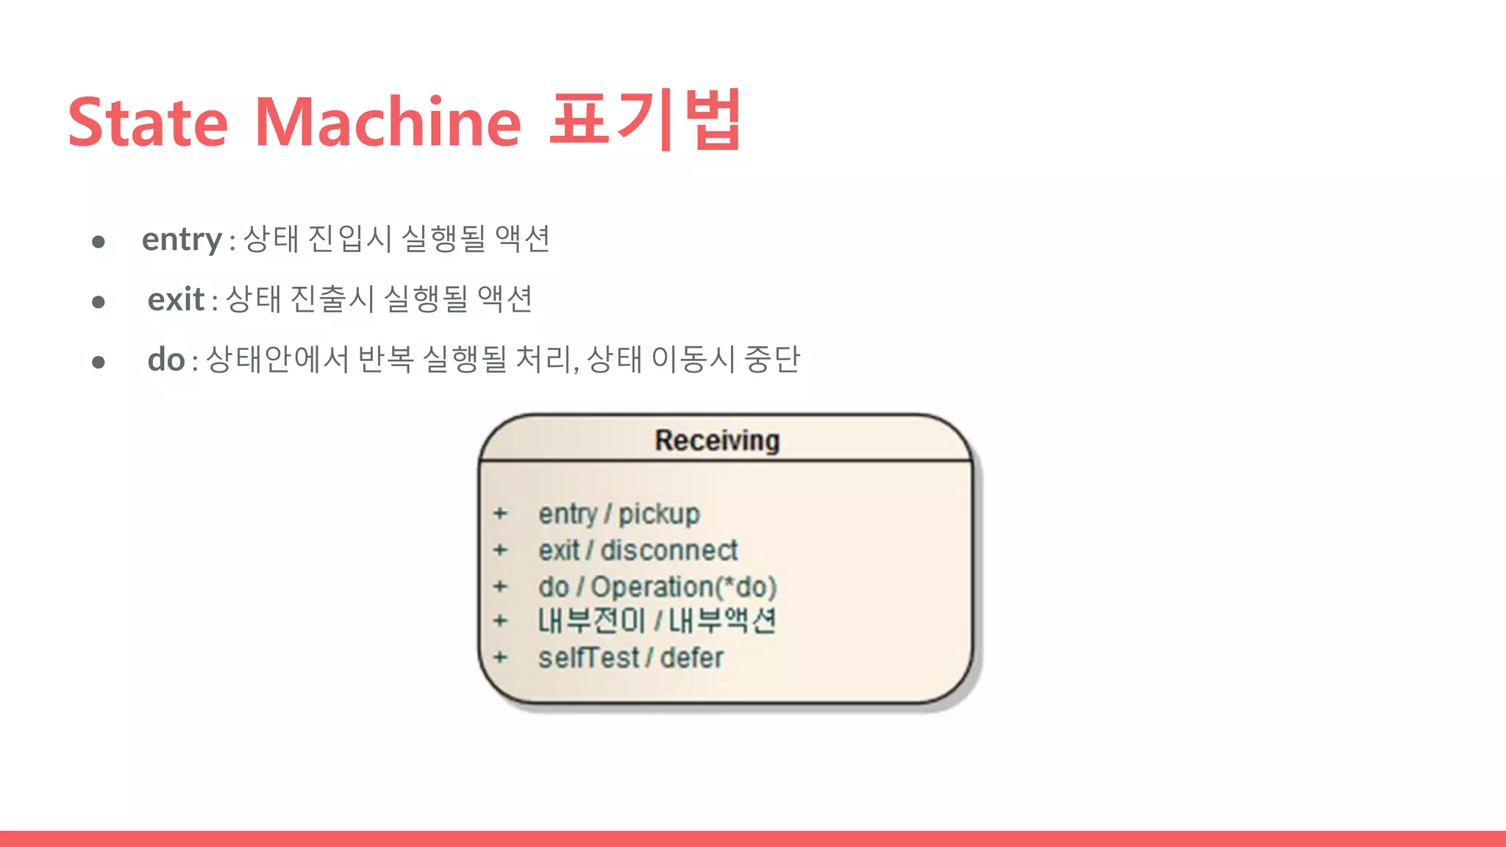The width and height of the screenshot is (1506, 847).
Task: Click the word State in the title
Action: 148,122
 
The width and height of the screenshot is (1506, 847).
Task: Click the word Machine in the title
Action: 388,122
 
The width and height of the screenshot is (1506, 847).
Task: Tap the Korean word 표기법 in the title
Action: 644,119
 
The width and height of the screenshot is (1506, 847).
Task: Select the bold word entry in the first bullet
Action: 182,240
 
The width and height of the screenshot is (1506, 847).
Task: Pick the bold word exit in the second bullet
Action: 176,300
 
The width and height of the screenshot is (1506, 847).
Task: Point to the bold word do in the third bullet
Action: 166,360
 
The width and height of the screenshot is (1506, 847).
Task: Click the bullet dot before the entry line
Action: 99,242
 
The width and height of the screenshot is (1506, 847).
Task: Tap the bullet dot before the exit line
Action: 99,302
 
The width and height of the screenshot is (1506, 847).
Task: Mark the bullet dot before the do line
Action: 99,362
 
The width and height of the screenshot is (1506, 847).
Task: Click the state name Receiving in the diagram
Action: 717,440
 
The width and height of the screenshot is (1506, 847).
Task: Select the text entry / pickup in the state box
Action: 619,514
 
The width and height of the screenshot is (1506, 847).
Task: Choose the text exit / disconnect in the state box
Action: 638,550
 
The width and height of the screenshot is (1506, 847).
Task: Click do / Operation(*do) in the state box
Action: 657,587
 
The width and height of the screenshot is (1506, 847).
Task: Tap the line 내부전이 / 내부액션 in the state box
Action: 657,621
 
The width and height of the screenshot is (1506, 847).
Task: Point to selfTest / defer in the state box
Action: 631,657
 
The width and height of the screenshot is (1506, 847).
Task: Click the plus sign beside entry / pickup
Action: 501,513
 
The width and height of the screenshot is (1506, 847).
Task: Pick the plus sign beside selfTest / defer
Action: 501,657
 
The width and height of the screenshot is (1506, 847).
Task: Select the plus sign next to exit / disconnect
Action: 501,549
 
